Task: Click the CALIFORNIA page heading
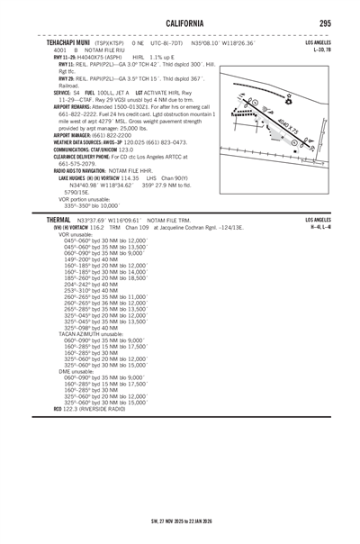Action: (x=179, y=21)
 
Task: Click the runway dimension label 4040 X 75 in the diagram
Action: (x=290, y=131)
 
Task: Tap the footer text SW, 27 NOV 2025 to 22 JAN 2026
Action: (x=179, y=520)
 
